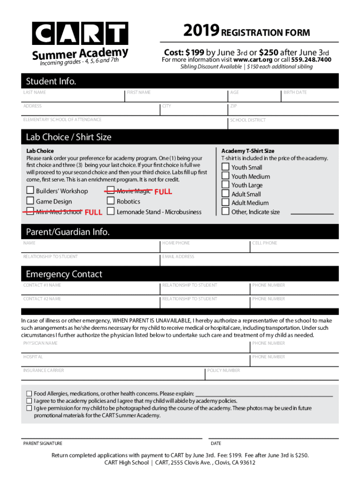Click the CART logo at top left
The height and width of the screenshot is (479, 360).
click(80, 34)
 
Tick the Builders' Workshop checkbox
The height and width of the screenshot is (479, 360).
click(30, 190)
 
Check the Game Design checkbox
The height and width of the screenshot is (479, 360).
click(30, 201)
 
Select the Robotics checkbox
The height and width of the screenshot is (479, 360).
click(110, 201)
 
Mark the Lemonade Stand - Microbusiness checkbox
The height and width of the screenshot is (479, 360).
click(110, 211)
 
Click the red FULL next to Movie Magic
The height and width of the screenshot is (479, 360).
click(163, 191)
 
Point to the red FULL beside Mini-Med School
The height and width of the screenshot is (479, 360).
click(93, 212)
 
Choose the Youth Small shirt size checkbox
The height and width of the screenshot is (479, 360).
click(225, 167)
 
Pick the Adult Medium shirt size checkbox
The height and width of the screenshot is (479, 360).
click(225, 203)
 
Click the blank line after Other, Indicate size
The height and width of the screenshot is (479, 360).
click(312, 213)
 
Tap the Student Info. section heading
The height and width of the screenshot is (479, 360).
click(51, 82)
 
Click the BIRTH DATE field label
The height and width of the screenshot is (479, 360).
click(295, 93)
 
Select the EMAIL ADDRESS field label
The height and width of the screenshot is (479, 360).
click(178, 257)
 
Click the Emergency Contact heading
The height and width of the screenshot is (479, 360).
click(64, 274)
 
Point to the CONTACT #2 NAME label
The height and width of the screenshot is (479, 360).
click(42, 299)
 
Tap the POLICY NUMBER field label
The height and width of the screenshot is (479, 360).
click(223, 370)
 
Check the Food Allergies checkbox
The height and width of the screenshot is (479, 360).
click(29, 394)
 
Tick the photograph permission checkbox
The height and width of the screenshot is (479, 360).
click(29, 408)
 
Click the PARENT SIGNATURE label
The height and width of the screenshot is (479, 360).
click(43, 443)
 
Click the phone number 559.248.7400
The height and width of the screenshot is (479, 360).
click(311, 60)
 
